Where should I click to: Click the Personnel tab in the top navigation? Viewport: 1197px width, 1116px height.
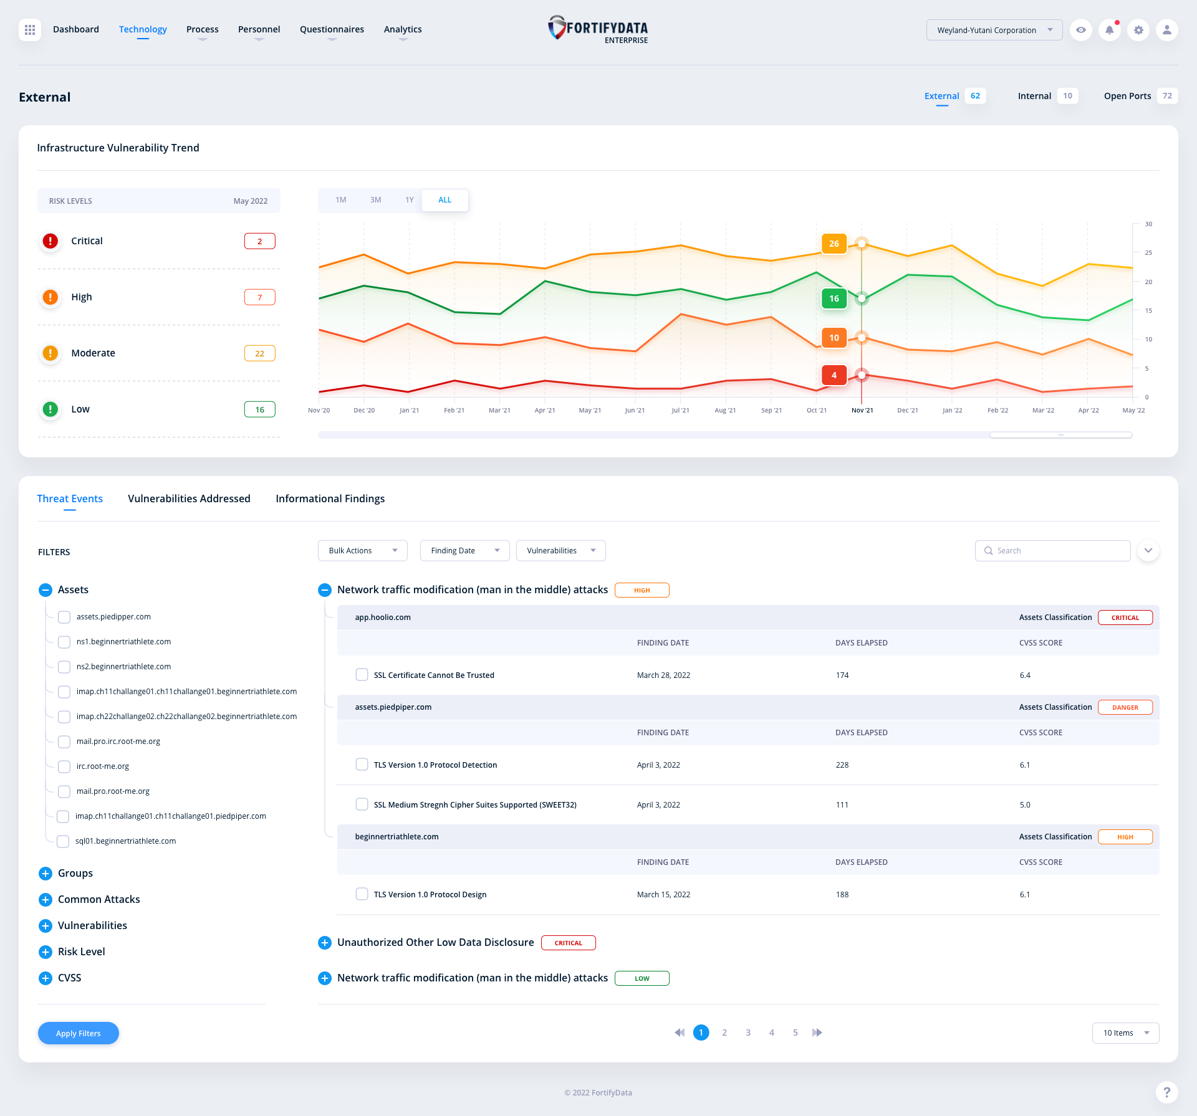coord(259,29)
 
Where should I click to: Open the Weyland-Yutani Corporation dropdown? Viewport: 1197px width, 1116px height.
coord(994,30)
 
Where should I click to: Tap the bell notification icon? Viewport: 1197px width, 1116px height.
coord(1109,30)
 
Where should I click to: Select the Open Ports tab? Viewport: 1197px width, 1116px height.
coord(1127,96)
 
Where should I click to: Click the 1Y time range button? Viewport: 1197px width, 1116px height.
coord(409,200)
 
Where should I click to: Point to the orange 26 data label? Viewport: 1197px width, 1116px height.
coord(834,244)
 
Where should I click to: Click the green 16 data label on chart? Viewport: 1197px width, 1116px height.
coord(834,298)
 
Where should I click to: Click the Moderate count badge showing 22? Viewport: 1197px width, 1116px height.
coord(259,353)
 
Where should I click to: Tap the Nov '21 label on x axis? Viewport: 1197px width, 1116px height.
coord(862,410)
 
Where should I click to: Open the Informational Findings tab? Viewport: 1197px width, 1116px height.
coord(330,498)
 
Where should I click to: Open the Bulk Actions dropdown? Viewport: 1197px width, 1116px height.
coord(362,551)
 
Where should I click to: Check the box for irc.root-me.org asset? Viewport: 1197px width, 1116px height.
coord(64,766)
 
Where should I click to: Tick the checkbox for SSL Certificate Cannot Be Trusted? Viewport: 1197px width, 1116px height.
coord(362,675)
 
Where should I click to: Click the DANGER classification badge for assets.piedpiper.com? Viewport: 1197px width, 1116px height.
coord(1125,707)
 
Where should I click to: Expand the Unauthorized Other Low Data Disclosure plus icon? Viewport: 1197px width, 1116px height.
coord(325,943)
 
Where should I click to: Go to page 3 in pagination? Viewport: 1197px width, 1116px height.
coord(748,1033)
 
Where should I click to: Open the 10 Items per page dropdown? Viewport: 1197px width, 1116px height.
coord(1125,1033)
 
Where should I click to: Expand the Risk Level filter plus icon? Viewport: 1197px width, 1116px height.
coord(46,952)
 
